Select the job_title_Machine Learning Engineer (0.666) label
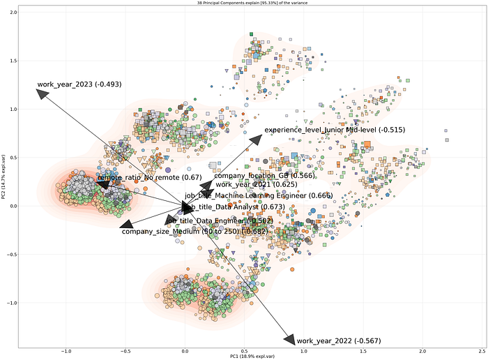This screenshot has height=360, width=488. coord(258,195)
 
